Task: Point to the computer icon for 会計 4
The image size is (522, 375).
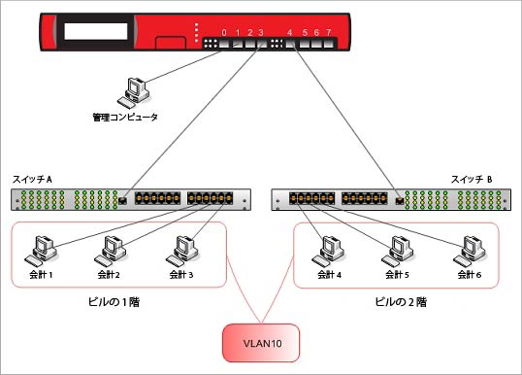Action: tap(324, 251)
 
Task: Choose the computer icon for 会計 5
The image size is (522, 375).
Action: tap(395, 251)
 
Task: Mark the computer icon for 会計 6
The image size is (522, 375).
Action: tap(469, 251)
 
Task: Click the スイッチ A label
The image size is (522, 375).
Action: tap(33, 180)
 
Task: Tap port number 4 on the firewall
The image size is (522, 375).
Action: tap(290, 33)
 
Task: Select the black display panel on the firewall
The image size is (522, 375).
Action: tap(96, 32)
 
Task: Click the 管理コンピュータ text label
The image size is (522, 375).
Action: tap(124, 118)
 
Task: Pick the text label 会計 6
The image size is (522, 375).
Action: tap(471, 275)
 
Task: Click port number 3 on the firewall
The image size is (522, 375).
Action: tap(262, 33)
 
